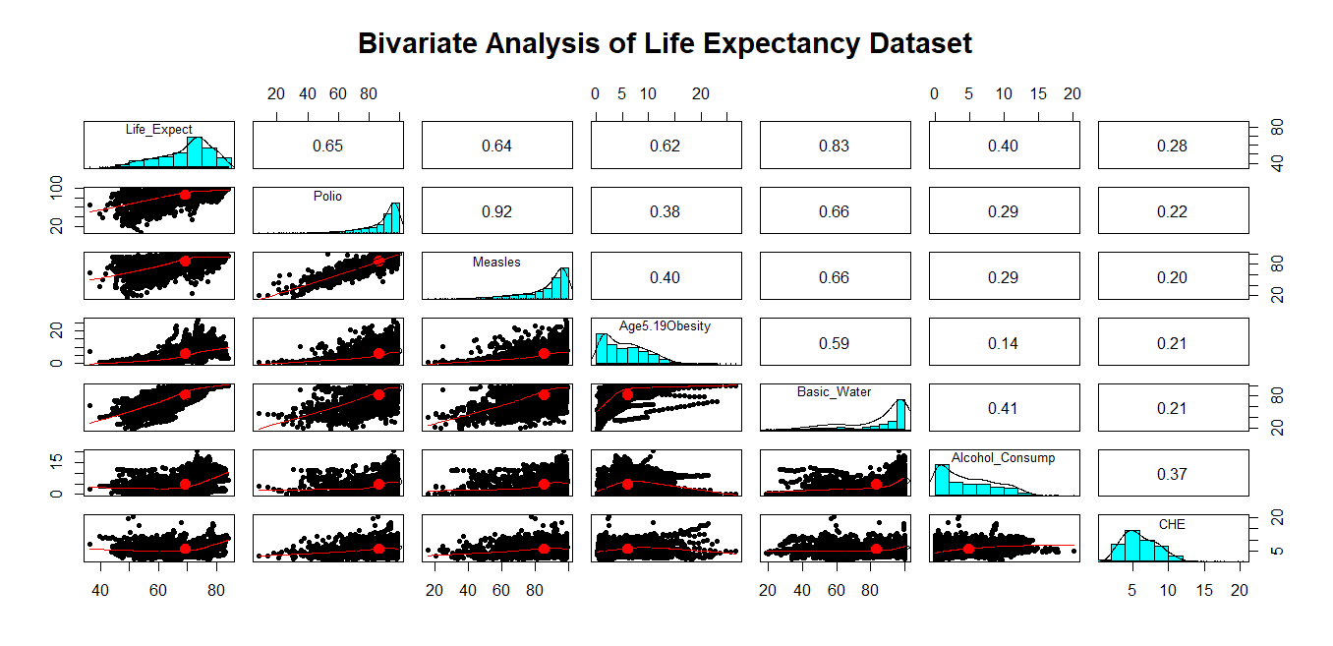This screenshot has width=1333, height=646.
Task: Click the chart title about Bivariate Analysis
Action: (x=665, y=44)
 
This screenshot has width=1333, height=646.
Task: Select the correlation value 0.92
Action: (x=496, y=211)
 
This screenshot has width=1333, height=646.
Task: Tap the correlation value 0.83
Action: (x=834, y=146)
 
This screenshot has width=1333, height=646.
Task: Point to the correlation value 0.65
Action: (x=327, y=146)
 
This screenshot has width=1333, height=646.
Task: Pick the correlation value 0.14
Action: (x=1003, y=343)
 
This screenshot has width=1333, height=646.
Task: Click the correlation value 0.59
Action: (x=834, y=343)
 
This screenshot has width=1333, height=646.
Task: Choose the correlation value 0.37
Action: (x=1172, y=474)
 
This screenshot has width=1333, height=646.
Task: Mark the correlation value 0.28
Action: (x=1172, y=146)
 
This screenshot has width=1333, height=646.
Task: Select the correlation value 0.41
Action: (x=1003, y=408)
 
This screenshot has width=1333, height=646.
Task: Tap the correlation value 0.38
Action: (x=666, y=211)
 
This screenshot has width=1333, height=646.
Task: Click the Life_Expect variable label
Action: (x=159, y=130)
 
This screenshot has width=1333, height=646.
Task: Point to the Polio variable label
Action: (x=327, y=196)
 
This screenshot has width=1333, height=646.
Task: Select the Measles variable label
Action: (x=496, y=262)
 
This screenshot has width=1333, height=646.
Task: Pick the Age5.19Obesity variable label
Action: (x=665, y=326)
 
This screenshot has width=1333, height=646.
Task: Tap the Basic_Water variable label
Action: (x=834, y=392)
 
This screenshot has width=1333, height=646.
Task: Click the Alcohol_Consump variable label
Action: (x=1003, y=458)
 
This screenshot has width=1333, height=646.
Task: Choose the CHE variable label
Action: (x=1172, y=524)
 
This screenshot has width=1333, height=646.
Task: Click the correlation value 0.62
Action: (x=666, y=146)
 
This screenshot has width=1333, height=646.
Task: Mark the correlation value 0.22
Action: (x=1172, y=211)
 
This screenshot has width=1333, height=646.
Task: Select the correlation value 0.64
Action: (x=496, y=146)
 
